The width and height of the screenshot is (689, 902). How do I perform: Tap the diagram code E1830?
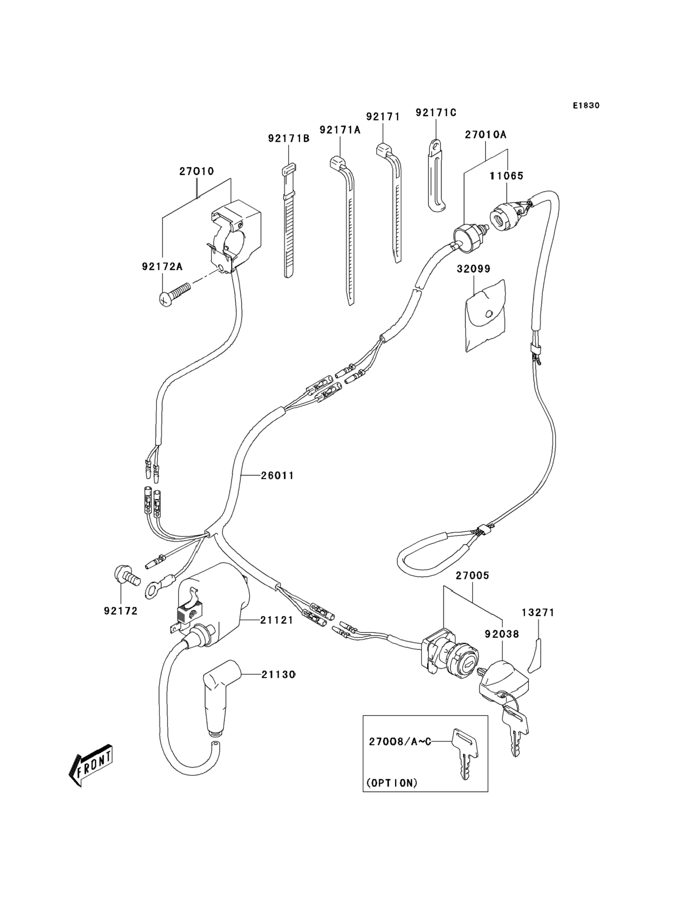(x=587, y=105)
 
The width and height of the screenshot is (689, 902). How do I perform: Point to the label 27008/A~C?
(x=400, y=742)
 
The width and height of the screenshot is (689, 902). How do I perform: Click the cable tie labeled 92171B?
(x=289, y=221)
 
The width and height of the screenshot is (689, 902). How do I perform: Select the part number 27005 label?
(x=472, y=575)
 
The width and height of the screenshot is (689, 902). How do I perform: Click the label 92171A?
(x=340, y=129)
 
